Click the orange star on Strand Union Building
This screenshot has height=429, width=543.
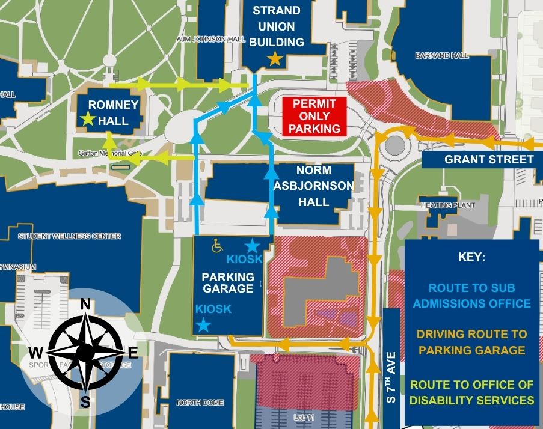[275, 58]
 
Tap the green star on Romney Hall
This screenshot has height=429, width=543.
[88, 118]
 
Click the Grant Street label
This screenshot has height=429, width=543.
[488, 159]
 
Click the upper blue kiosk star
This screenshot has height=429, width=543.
[252, 245]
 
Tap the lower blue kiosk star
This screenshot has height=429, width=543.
[204, 325]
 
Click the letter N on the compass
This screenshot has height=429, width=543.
[85, 304]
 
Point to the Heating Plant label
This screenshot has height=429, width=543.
[448, 205]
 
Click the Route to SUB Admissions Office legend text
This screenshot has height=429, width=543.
[471, 295]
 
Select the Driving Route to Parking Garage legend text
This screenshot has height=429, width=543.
[471, 342]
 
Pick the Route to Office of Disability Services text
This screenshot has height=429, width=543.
[471, 392]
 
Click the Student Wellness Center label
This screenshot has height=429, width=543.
[69, 236]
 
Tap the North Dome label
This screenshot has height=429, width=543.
[200, 403]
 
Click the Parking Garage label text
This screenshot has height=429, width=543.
[227, 282]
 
